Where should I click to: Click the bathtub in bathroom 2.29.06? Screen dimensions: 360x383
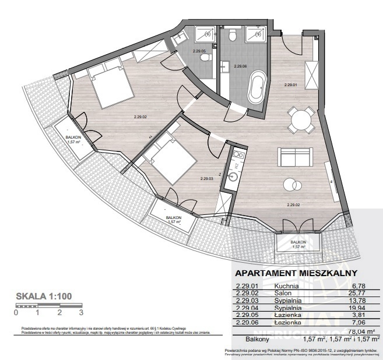256,89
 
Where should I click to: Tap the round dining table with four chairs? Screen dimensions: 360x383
301,121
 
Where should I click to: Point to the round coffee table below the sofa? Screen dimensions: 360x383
290,185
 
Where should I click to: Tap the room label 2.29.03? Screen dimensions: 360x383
208,179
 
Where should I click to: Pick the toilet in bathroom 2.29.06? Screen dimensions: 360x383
233,37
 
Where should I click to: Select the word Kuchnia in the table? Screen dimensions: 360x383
286,286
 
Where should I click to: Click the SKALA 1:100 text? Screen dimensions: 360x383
44,296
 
